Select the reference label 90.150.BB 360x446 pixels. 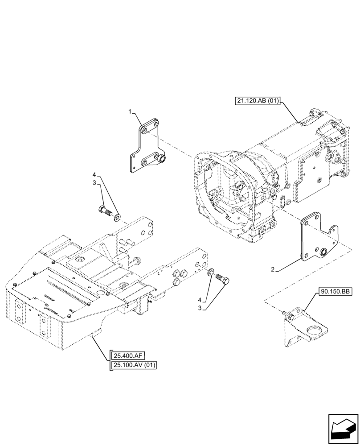[x=335, y=292]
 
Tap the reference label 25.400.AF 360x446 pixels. [x=127, y=355]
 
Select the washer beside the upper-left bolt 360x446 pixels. [x=117, y=218]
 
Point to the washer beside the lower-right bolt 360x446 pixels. [x=210, y=271]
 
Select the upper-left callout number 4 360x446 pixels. [x=94, y=174]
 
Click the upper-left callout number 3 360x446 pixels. [x=94, y=183]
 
